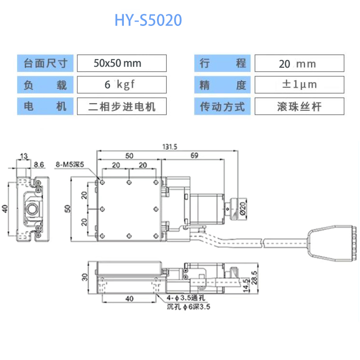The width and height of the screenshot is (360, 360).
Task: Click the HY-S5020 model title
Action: [148, 20]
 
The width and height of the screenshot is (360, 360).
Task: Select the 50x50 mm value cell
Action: [121, 63]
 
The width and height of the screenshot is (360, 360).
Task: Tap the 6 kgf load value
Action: [121, 85]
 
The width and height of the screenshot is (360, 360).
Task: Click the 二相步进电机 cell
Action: [121, 106]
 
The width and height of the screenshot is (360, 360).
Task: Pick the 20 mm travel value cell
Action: [299, 63]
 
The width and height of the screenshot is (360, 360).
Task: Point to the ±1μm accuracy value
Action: [299, 85]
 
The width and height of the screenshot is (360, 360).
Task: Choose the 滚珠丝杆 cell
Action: [299, 106]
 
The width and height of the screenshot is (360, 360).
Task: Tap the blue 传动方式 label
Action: [222, 106]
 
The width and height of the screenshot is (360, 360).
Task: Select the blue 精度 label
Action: [222, 85]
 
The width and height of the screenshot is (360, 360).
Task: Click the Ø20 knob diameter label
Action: [242, 208]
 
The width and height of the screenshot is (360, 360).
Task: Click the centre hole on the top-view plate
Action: [129, 209]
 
